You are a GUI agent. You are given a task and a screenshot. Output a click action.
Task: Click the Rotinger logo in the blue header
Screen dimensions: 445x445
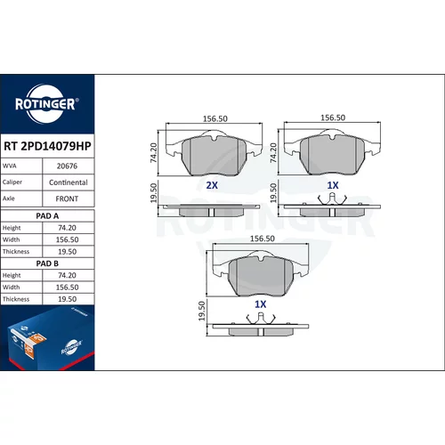coord(47,104)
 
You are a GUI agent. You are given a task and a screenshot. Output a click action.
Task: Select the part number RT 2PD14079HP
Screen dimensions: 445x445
coord(47,146)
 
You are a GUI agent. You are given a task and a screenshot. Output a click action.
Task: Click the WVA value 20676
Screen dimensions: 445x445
coord(67,166)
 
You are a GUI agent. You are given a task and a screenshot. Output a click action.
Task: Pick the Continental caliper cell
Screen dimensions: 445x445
coord(69,182)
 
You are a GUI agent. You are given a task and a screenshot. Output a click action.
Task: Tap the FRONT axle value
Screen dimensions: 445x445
coord(67,198)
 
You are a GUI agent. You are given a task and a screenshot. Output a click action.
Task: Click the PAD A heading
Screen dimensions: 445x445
coord(47,216)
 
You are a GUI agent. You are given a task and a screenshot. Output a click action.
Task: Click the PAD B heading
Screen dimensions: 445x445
coord(47,263)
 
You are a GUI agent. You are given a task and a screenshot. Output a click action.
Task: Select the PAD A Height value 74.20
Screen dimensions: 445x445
coord(67,228)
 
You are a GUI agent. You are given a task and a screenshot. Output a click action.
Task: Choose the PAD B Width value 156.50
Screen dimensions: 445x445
coord(67,287)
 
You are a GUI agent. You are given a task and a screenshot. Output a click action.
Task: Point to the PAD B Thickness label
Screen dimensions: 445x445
coord(16,299)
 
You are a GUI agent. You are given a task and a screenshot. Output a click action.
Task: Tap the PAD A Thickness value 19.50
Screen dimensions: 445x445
coord(67,252)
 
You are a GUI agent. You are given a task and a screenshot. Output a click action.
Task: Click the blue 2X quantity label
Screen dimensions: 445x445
coord(212,185)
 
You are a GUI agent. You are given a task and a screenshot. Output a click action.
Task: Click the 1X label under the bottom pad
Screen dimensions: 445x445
coord(261,304)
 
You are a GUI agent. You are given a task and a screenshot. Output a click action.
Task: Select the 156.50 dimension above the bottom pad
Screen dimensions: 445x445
coord(263,239)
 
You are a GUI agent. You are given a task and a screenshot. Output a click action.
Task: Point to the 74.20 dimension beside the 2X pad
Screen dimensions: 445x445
coord(154,153)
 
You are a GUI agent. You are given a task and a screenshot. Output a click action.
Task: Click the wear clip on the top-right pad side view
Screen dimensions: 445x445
coord(332,198)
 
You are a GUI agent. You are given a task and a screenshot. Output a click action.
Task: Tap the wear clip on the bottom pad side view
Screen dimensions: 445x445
coord(261,319)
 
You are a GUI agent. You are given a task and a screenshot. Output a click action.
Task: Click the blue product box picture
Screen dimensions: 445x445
coord(47,338)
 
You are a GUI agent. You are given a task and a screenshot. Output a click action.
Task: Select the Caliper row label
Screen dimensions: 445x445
coord(12,182)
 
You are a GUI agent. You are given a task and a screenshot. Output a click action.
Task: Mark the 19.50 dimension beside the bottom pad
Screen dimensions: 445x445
coord(202,311)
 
